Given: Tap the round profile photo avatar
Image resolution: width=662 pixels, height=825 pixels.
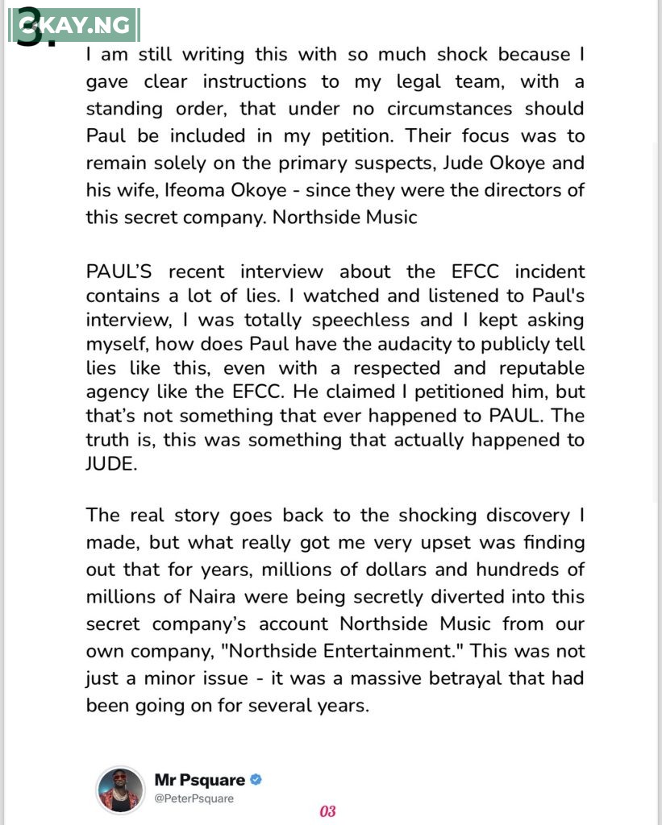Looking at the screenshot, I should point(119,789).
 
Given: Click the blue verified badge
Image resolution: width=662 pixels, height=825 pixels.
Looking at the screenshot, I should point(256,779).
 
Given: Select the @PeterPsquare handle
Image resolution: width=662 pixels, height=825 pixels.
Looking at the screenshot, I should point(194,798).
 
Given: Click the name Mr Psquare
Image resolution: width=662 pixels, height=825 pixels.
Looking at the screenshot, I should point(199,779).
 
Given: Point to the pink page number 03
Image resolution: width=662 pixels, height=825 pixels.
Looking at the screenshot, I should point(327,810).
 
